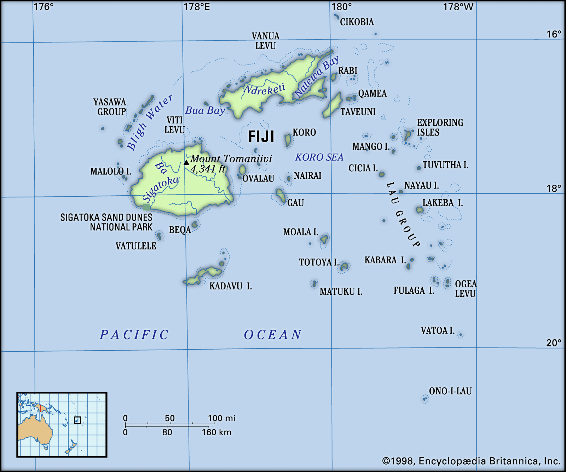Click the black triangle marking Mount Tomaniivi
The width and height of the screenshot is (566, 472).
tap(186, 163)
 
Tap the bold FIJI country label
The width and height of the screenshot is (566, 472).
tap(261, 137)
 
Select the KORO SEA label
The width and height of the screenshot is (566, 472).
tap(319, 157)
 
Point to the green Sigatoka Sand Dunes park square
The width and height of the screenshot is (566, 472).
tap(146, 207)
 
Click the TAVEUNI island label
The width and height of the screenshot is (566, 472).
tap(358, 112)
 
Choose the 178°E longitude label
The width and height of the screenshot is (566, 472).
tap(197, 7)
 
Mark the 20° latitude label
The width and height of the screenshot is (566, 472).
tap(553, 343)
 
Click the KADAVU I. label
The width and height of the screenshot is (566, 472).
tap(230, 286)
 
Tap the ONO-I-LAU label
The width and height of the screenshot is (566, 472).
tap(450, 391)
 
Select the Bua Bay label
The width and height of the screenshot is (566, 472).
tap(205, 110)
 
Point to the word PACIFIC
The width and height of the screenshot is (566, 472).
tap(134, 334)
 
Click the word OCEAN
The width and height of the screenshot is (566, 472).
tap(272, 334)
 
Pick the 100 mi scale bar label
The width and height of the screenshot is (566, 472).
tap(221, 418)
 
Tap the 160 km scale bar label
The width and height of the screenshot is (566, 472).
tap(216, 432)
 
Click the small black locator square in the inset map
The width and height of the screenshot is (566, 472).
tap(77, 420)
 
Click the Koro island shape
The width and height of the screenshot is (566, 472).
tap(288, 140)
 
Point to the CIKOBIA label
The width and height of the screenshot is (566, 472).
tap(357, 22)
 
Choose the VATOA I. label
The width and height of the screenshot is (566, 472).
tap(438, 330)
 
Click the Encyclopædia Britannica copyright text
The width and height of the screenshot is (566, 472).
tap(471, 461)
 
